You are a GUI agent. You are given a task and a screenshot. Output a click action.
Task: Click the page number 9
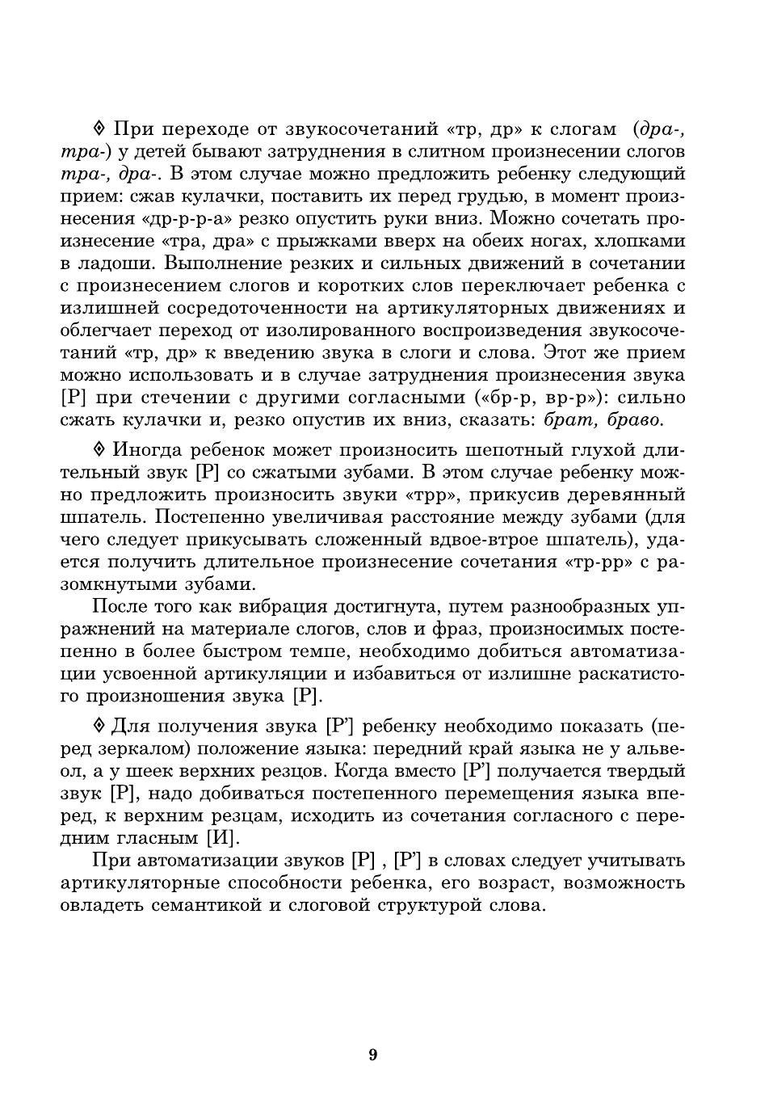coord(372,1055)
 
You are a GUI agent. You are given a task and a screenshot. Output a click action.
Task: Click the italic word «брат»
coord(569,420)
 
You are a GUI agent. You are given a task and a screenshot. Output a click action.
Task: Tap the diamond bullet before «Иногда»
coord(99,449)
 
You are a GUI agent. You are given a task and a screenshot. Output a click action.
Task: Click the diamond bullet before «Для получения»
coord(99,725)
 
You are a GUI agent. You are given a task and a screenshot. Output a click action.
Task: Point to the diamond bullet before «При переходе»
coord(99,128)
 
